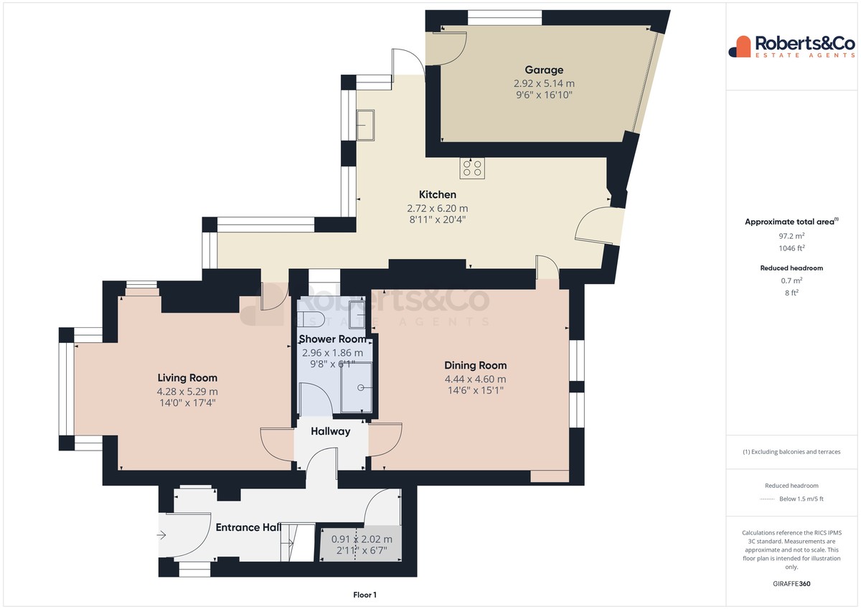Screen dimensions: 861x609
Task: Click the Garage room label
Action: pos(544,70)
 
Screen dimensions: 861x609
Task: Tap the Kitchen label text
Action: pos(438,194)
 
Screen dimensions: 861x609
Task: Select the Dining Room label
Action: pos(476,365)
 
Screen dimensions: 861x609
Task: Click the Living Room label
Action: pos(187,378)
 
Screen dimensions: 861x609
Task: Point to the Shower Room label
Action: pos(332,339)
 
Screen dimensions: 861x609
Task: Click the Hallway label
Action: pos(331,432)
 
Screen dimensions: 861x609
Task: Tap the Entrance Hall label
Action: pos(248,527)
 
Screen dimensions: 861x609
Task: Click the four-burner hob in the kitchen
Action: pos(472,169)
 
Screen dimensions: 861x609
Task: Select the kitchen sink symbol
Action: pos(365,125)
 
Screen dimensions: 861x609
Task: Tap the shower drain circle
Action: pos(360,387)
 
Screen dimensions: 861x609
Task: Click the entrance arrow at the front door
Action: pos(161,534)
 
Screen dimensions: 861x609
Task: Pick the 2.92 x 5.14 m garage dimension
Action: pos(544,83)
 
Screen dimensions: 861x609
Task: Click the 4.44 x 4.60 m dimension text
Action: pos(476,379)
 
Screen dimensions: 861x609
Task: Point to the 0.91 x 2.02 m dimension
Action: pos(362,539)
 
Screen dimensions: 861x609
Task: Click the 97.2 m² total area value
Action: pos(791,236)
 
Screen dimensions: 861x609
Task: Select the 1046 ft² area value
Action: pos(791,248)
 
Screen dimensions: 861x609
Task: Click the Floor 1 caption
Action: pos(364,595)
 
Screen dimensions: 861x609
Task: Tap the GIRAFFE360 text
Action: pos(791,584)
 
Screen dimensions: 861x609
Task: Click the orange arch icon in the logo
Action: pos(743,47)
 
